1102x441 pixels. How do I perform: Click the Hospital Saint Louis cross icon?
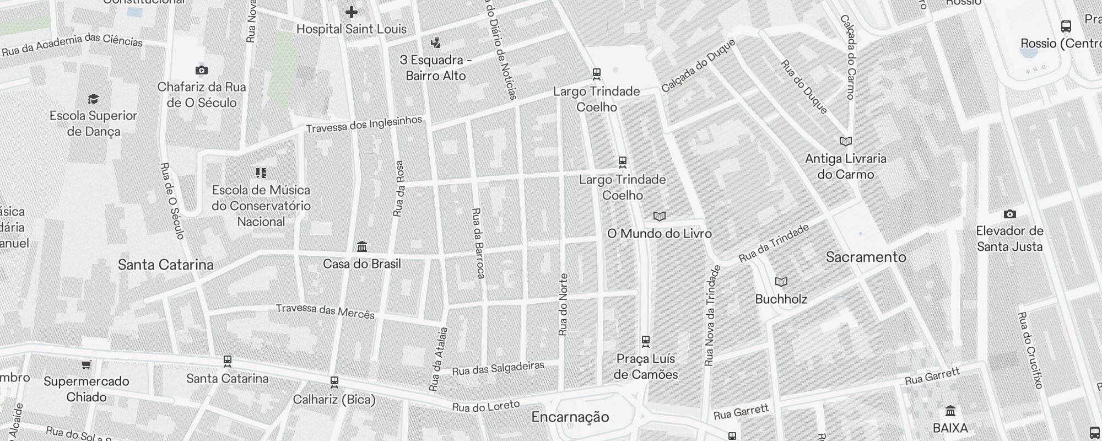[x=352, y=12]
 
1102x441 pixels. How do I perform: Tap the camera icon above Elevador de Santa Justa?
[x=1009, y=214]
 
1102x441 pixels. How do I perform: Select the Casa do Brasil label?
[x=361, y=264]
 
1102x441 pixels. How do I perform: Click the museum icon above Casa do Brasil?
[x=362, y=246]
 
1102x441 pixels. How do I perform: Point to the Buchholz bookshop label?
[x=781, y=299]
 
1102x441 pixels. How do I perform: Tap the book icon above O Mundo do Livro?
[x=660, y=216]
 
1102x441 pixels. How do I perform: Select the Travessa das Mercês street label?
[x=325, y=311]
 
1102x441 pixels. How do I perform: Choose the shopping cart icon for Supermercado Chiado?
[x=86, y=364]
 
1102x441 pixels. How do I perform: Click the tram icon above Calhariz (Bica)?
[x=334, y=381]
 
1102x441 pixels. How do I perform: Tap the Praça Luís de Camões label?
[x=646, y=367]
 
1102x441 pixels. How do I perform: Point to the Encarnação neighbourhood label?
[x=570, y=417]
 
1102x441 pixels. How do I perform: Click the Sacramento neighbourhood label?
[x=866, y=257]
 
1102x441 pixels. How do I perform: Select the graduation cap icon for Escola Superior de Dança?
[x=93, y=99]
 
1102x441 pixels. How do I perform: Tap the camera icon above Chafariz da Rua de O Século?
[x=201, y=70]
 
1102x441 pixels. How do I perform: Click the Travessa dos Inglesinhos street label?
[x=364, y=125]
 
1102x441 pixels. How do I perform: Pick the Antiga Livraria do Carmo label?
[x=846, y=166]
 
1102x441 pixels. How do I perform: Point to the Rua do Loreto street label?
[x=485, y=407]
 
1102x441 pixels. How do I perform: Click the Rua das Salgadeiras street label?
[x=498, y=368]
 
